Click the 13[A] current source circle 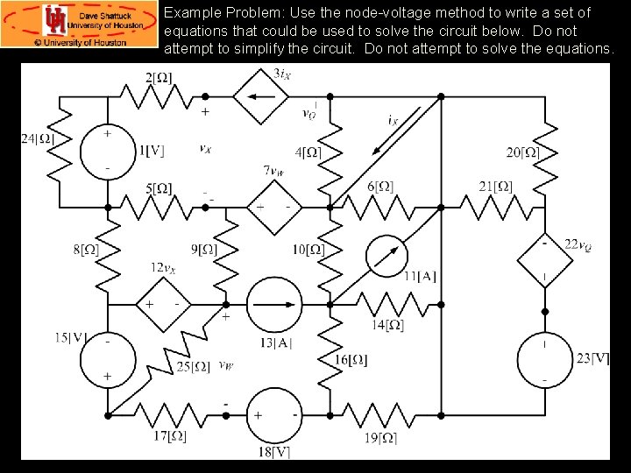pos(274,304)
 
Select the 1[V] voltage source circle pos(108,151)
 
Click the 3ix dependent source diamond pos(260,98)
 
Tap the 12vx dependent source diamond pos(163,304)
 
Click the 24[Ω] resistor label pos(39,138)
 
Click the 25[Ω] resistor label pos(193,367)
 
